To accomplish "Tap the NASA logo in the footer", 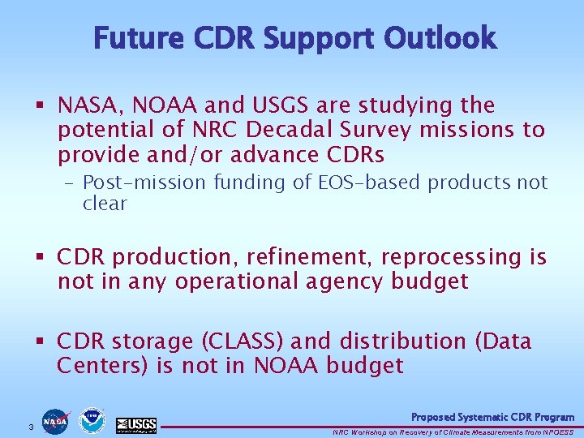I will point(56,421).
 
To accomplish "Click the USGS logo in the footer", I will point(135,423).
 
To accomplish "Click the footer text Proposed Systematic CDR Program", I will point(492,417).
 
